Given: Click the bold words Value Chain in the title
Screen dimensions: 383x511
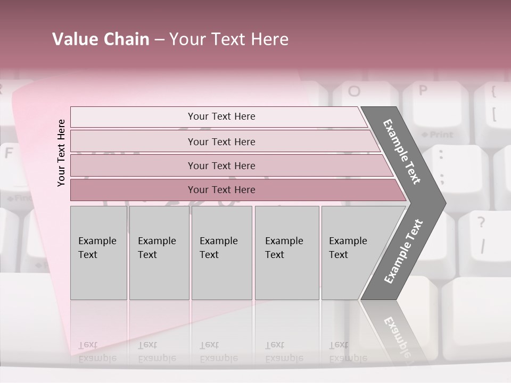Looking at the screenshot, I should pyautogui.click(x=101, y=39).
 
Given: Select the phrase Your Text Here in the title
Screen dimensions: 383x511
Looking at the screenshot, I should pyautogui.click(x=229, y=39).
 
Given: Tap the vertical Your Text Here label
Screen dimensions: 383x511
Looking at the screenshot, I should pyautogui.click(x=61, y=153).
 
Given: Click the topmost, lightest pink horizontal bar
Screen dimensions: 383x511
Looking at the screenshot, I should pyautogui.click(x=221, y=116).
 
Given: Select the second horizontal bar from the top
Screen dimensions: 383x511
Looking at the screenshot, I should pyautogui.click(x=221, y=141).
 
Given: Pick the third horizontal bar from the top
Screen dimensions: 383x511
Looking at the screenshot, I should pyautogui.click(x=221, y=165).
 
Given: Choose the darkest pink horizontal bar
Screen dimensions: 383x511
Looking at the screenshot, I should pyautogui.click(x=221, y=190).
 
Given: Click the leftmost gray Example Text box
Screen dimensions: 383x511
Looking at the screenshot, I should pyautogui.click(x=98, y=253).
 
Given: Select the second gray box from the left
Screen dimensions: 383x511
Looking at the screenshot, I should pyautogui.click(x=159, y=253).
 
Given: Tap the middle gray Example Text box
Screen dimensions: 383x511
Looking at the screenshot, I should pyautogui.click(x=221, y=253).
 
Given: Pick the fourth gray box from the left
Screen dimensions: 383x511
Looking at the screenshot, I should pyautogui.click(x=286, y=253).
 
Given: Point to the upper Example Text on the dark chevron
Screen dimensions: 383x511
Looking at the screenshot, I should pyautogui.click(x=402, y=152).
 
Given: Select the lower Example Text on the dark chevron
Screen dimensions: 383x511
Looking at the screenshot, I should pyautogui.click(x=403, y=252).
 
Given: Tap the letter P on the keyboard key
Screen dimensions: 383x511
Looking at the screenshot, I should pyautogui.click(x=423, y=90).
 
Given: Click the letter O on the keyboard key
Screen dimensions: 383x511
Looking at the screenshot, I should pyautogui.click(x=354, y=91).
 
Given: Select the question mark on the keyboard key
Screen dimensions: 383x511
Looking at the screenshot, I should pyautogui.click(x=481, y=222).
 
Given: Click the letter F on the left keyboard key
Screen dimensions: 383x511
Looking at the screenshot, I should pyautogui.click(x=9, y=153).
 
